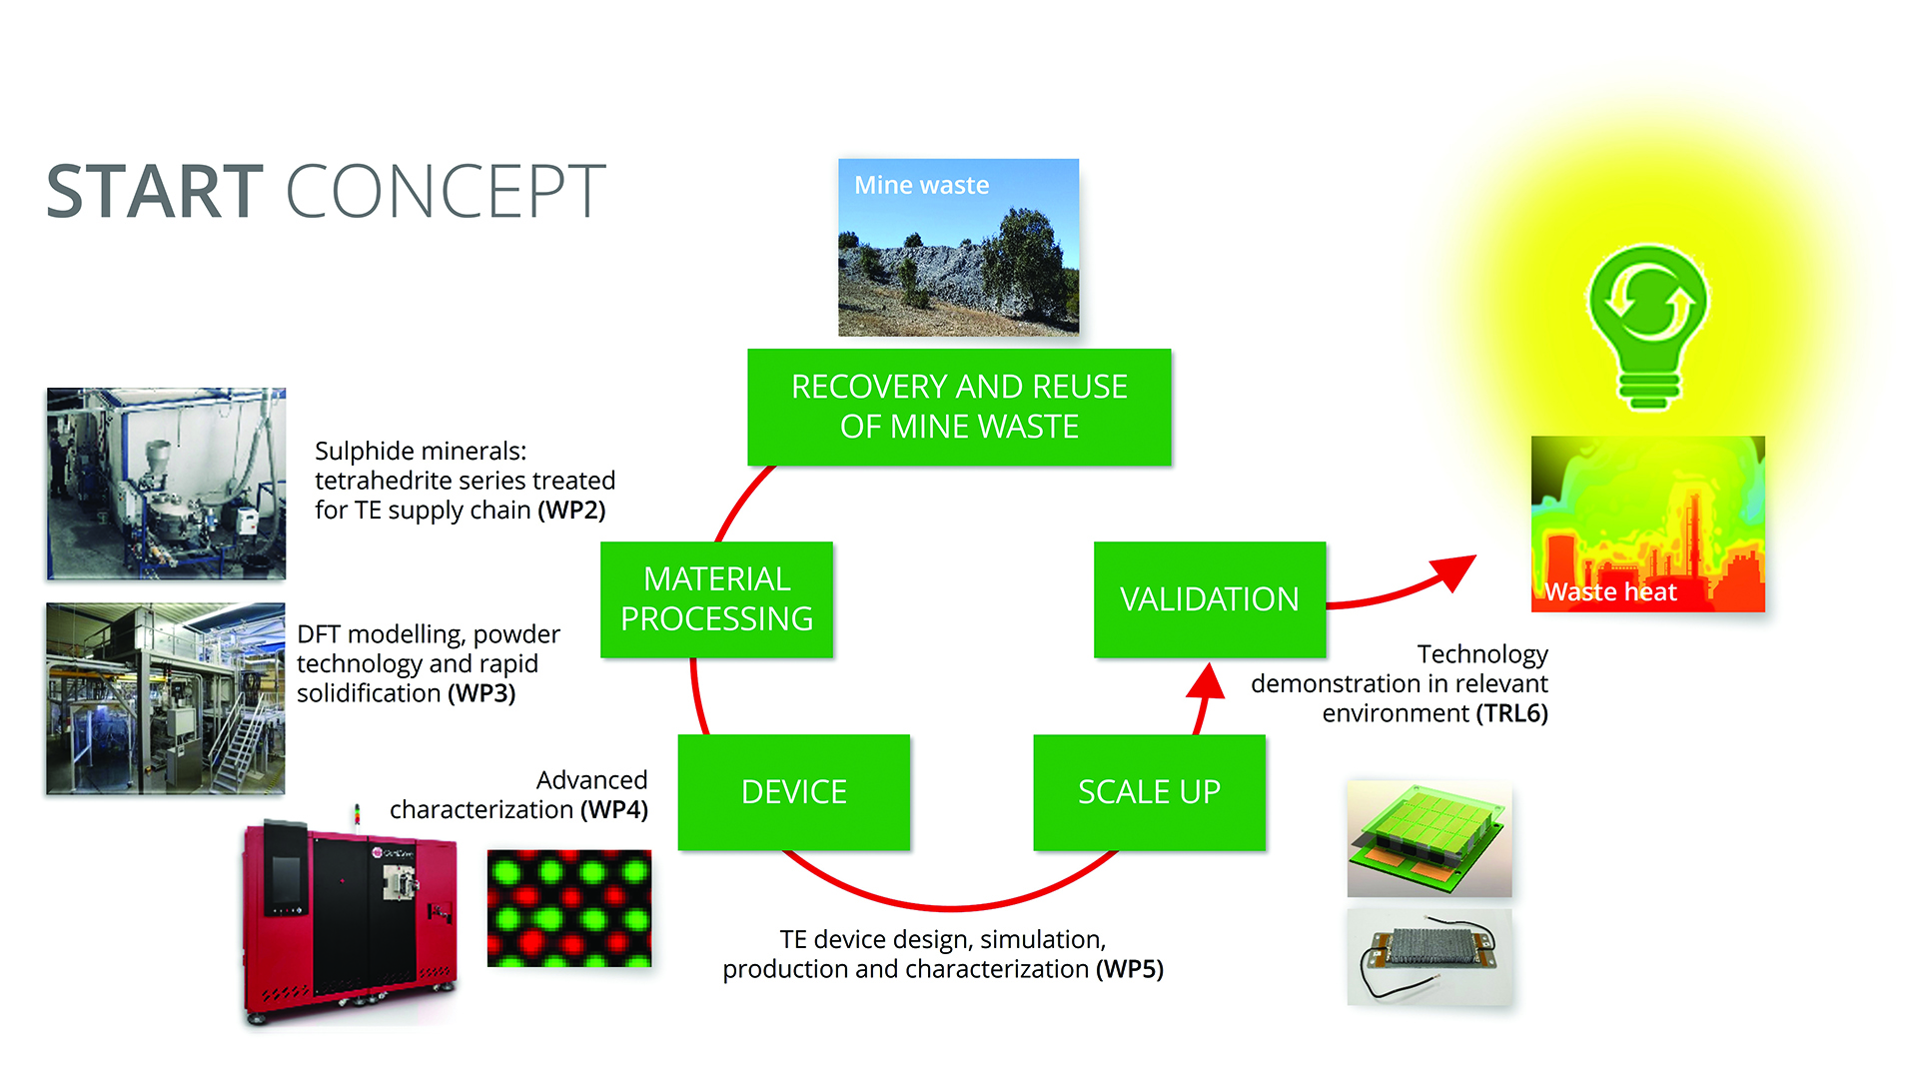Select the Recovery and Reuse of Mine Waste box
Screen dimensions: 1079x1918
click(x=959, y=407)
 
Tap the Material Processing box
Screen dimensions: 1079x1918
click(x=716, y=599)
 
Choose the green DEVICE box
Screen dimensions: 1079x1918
click(x=794, y=792)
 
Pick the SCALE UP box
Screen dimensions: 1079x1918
click(x=1149, y=792)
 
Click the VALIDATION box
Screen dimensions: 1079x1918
click(x=1210, y=599)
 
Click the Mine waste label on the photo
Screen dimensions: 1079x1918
click(x=921, y=186)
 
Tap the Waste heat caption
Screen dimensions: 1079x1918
click(x=1610, y=592)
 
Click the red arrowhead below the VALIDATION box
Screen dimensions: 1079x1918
click(x=1207, y=681)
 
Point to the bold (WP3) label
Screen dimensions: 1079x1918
click(x=481, y=693)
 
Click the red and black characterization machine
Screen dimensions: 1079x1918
click(x=350, y=919)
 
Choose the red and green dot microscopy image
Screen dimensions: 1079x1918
click(x=569, y=908)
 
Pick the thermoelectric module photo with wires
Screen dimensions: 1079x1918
click(x=1429, y=957)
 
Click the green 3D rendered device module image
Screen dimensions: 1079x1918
click(x=1429, y=839)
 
